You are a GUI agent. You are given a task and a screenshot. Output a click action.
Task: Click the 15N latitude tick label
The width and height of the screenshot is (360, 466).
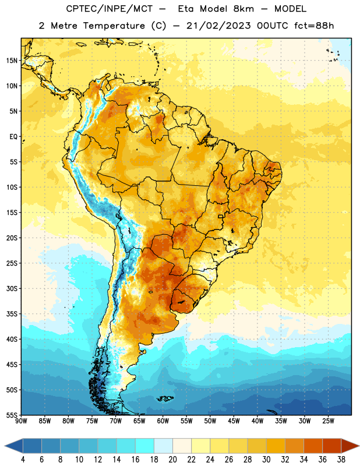(x=12, y=61)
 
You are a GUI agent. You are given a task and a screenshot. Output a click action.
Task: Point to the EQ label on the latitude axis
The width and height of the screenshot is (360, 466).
(x=13, y=137)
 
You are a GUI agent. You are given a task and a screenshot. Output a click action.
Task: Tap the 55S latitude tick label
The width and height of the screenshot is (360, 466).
(x=12, y=415)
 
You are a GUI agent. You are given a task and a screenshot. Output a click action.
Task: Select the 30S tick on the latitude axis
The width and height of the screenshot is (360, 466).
(x=12, y=288)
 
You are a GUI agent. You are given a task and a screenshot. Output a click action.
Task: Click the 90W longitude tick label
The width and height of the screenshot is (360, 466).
(x=21, y=421)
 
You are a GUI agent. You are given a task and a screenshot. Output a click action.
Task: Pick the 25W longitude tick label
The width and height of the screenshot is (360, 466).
(x=328, y=421)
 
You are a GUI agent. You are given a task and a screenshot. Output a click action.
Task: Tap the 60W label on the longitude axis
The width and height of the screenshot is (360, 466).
(x=163, y=421)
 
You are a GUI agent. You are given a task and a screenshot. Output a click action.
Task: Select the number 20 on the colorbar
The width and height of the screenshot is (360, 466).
(x=172, y=460)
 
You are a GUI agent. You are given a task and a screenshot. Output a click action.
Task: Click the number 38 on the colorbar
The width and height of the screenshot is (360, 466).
(x=341, y=460)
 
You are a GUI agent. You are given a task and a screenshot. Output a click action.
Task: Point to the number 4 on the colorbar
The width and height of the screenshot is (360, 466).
(x=23, y=460)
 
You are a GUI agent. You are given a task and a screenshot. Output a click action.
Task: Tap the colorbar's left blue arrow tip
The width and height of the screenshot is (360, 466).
(x=5, y=446)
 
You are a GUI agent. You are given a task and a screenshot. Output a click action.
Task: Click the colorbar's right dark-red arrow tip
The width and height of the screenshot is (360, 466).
(x=359, y=446)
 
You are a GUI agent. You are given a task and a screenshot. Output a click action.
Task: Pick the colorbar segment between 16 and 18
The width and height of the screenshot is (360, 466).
(x=145, y=446)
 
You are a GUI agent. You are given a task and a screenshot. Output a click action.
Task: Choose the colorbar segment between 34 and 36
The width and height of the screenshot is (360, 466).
(x=313, y=446)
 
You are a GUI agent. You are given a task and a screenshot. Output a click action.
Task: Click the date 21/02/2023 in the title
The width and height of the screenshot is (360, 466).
(x=218, y=26)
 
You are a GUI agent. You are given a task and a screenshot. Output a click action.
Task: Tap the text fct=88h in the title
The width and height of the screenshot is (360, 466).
(x=314, y=26)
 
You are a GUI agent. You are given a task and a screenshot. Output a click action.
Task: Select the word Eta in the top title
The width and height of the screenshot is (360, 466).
(x=186, y=9)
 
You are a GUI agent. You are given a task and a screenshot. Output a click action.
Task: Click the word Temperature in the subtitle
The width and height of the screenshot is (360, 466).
(x=114, y=26)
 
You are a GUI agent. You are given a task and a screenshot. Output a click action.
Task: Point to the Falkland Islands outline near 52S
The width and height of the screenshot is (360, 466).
(x=165, y=398)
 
